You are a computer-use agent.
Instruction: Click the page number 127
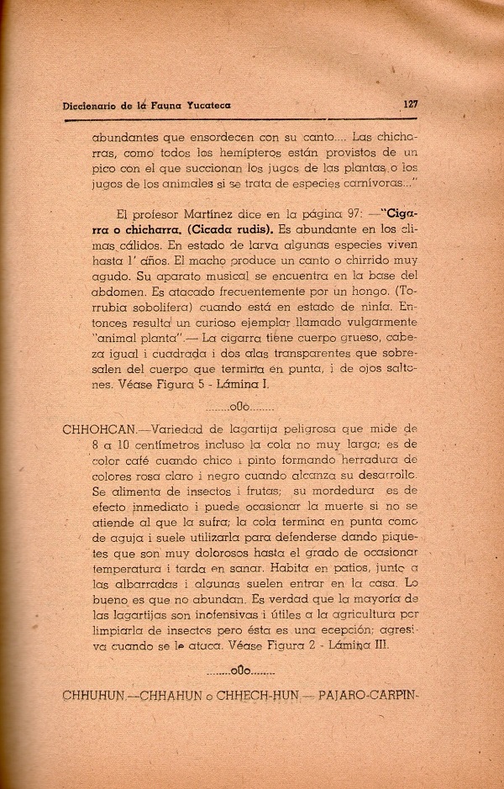[x=411, y=106]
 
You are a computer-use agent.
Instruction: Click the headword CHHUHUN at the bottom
[x=92, y=697]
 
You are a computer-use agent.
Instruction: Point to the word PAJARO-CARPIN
[x=380, y=697]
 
